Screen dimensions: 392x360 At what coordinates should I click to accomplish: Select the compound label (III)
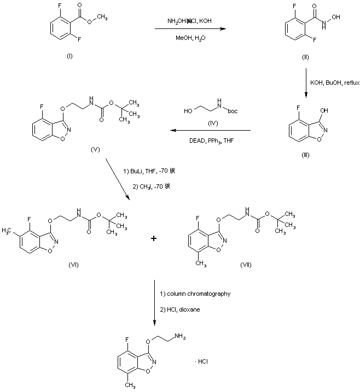coord(306,155)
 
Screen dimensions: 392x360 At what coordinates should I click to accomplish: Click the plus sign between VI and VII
coord(154,238)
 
